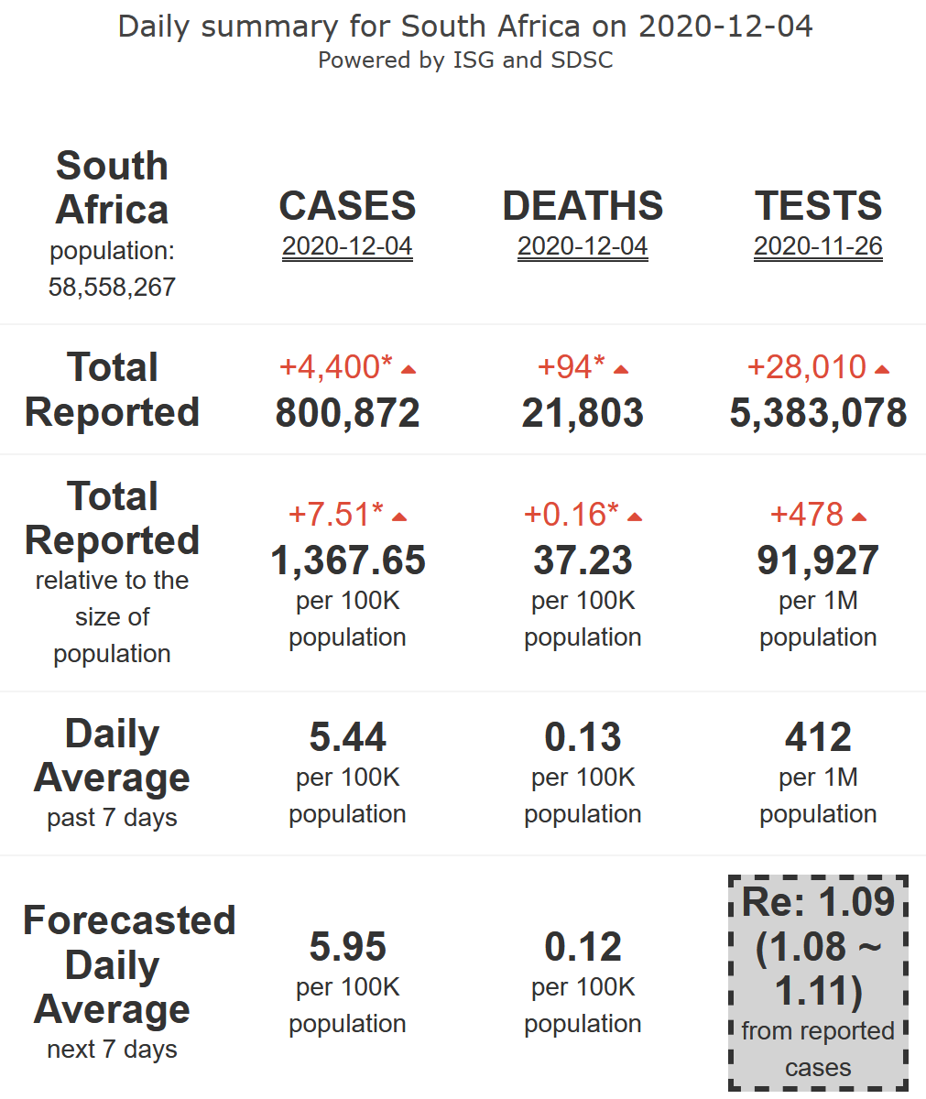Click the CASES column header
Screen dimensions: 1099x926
coord(347,206)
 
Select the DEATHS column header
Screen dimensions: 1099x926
coord(583,206)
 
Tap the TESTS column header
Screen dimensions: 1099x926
coord(818,206)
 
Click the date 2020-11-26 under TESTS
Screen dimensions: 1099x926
coord(818,246)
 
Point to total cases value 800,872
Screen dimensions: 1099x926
coord(347,413)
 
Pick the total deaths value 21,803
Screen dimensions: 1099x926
coord(583,413)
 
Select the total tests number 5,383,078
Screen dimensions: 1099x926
coord(818,413)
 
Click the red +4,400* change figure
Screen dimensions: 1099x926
coord(335,367)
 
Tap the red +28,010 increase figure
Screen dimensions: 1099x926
coord(806,367)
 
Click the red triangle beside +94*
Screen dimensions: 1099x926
coord(621,370)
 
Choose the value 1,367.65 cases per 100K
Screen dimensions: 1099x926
coord(347,560)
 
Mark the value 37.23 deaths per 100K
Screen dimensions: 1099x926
coord(583,560)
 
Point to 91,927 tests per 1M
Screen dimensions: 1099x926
coord(818,560)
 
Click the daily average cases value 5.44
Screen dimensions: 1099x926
coord(347,737)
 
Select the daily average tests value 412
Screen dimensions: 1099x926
coord(818,737)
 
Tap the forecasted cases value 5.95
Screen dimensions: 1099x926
coord(347,947)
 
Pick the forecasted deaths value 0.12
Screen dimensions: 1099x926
coord(583,947)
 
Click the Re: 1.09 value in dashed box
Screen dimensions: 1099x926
coord(818,903)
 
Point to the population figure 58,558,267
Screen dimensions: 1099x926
coord(112,287)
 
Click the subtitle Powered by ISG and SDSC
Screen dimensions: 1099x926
coord(465,60)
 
